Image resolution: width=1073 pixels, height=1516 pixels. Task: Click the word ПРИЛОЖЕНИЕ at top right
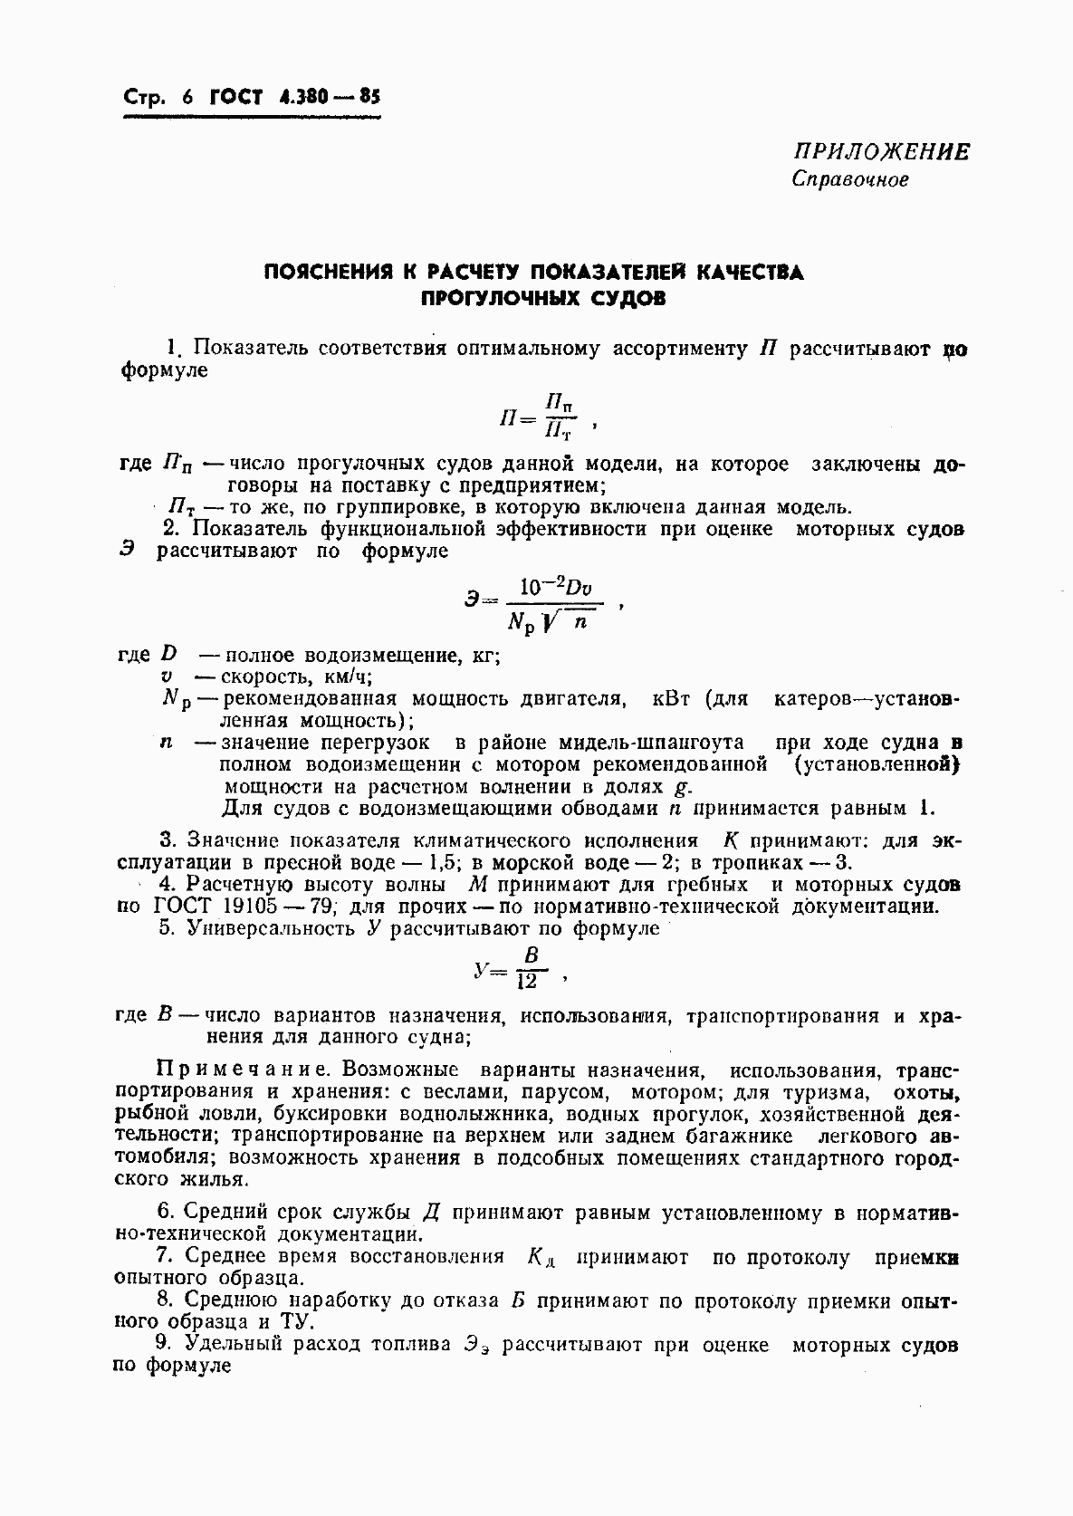881,151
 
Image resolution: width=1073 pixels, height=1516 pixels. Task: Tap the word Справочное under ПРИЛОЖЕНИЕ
849,179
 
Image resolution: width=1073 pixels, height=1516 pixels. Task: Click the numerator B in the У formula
532,955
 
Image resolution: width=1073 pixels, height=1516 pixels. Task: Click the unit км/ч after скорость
346,677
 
